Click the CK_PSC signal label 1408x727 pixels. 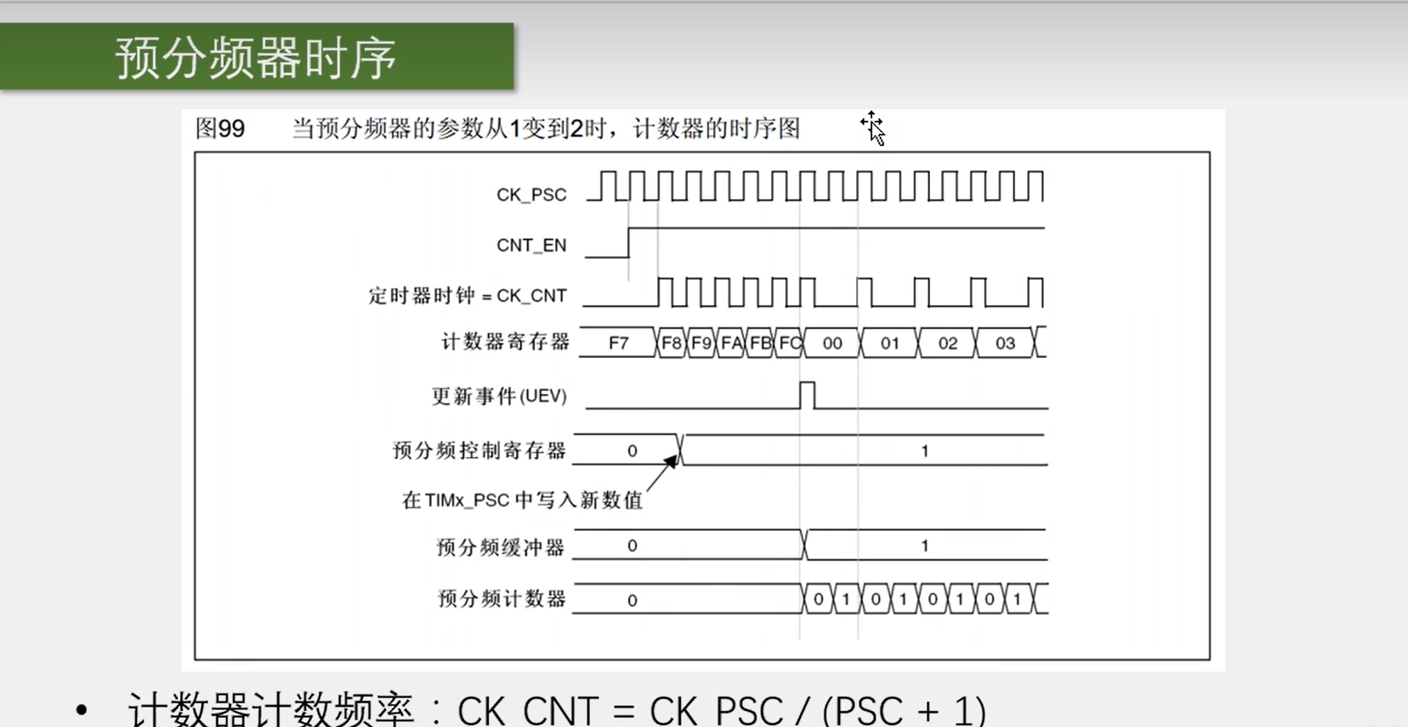pyautogui.click(x=531, y=195)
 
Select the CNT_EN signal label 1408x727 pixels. pyautogui.click(x=531, y=246)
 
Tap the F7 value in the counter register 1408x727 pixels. pyautogui.click(x=618, y=343)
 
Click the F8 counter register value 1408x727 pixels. pyautogui.click(x=671, y=343)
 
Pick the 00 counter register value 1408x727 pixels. pyautogui.click(x=832, y=343)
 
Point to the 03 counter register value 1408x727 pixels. pyautogui.click(x=1005, y=343)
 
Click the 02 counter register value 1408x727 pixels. pyautogui.click(x=948, y=343)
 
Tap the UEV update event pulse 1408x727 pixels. pyautogui.click(x=807, y=395)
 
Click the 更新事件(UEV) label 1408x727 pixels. pyautogui.click(x=500, y=396)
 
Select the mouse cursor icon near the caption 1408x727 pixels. pyautogui.click(x=874, y=129)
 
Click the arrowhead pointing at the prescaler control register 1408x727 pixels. pyautogui.click(x=671, y=461)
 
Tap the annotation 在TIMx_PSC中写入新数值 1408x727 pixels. pyautogui.click(x=522, y=500)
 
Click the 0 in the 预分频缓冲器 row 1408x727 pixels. pyautogui.click(x=632, y=546)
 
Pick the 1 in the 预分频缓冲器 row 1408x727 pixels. pyautogui.click(x=924, y=546)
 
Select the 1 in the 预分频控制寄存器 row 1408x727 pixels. pyautogui.click(x=924, y=451)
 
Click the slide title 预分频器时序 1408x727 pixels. pyautogui.click(x=256, y=58)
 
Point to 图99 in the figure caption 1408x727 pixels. pyautogui.click(x=220, y=128)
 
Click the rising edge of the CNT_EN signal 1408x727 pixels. pyautogui.click(x=629, y=243)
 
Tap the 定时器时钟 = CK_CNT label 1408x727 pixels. pyautogui.click(x=467, y=296)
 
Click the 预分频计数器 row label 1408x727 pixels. pyautogui.click(x=502, y=599)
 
